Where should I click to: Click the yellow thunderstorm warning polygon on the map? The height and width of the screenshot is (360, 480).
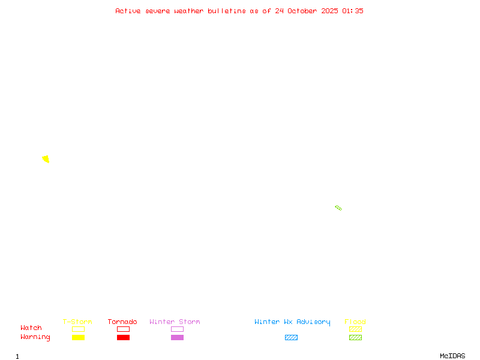46,159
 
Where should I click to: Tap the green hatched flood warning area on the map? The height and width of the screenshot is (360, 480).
338,208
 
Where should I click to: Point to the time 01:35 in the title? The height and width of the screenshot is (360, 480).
353,11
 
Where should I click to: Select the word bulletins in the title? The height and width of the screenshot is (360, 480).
227,11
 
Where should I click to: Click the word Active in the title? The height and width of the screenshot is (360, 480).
128,11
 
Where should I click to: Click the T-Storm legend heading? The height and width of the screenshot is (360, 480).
77,322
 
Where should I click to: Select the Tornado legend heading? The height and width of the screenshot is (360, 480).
122,322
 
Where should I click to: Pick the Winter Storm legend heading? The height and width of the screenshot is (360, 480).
175,322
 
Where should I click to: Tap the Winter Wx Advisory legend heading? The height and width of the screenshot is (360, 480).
292,322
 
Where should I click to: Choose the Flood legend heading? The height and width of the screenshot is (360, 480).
355,322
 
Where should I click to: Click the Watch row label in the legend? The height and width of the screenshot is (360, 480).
31,328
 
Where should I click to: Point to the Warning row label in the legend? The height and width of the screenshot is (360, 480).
35,337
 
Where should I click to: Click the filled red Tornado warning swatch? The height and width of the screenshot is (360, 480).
123,338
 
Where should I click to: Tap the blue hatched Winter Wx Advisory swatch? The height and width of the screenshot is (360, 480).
291,338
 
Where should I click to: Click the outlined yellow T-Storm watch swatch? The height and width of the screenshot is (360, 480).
78,329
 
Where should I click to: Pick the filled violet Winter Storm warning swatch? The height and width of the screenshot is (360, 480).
177,338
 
